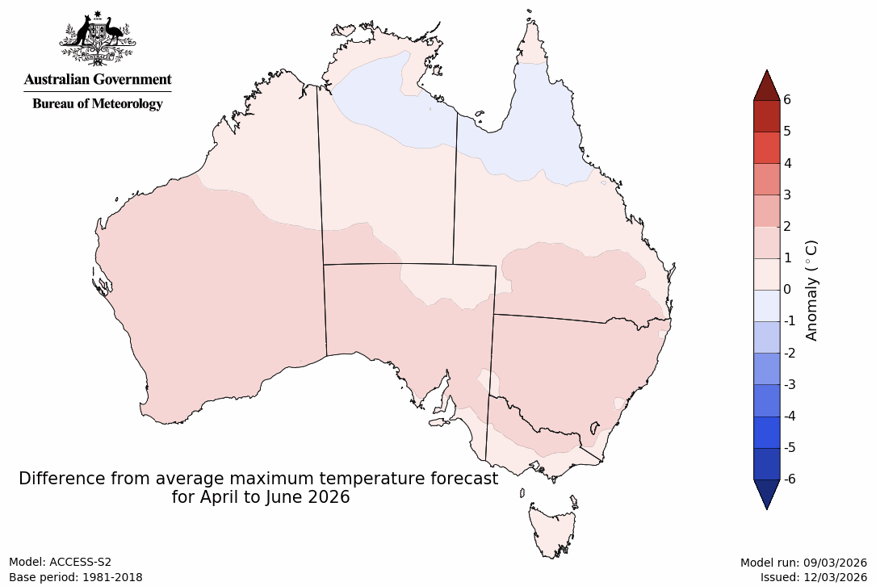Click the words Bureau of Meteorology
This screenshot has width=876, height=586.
[98, 104]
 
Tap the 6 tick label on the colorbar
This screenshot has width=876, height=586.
[786, 99]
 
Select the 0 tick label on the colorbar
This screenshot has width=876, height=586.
[786, 289]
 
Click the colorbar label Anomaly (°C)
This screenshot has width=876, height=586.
[811, 289]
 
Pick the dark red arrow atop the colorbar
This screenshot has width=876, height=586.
[766, 86]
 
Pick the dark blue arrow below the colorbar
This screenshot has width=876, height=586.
[766, 493]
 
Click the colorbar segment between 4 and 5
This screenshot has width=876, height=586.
[766, 147]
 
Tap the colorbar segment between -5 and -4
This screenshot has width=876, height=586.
[766, 432]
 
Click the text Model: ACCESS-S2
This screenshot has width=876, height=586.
[61, 562]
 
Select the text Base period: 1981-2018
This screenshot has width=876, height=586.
[76, 577]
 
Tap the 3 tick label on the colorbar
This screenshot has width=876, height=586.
[786, 195]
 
